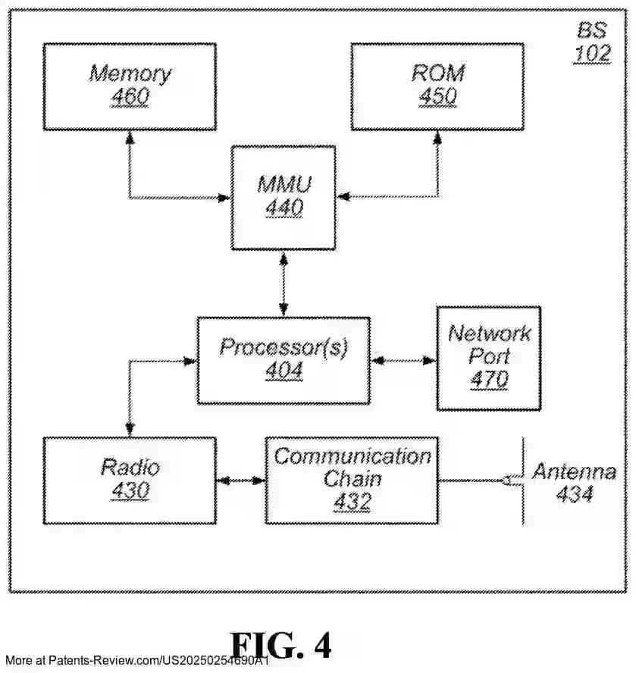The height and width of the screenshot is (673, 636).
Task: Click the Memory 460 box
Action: (x=129, y=86)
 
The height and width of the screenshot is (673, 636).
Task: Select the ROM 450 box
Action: (x=437, y=86)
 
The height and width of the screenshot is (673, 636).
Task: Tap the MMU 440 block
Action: (x=284, y=197)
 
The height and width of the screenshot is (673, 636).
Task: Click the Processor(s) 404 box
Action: (x=284, y=360)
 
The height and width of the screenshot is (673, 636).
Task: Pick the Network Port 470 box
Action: (x=488, y=358)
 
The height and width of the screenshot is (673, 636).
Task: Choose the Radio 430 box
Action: (x=129, y=480)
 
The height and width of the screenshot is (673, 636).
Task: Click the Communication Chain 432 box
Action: (x=352, y=480)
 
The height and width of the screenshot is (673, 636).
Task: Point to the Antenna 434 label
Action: (x=574, y=483)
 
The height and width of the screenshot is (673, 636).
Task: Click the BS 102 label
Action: (x=593, y=42)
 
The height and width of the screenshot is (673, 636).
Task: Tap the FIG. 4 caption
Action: (x=280, y=645)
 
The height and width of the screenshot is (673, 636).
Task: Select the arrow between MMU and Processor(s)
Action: (x=284, y=283)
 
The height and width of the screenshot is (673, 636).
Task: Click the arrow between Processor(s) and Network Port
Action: (x=403, y=361)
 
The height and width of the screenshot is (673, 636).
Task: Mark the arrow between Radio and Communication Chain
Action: (x=240, y=480)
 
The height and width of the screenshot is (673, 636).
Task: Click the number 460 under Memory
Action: (x=130, y=98)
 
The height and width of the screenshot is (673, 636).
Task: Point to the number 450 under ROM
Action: (x=437, y=98)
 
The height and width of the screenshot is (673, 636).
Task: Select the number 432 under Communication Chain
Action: (x=352, y=502)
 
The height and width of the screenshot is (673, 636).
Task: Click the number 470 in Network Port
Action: (x=489, y=379)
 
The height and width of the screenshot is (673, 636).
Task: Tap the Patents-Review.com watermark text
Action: (x=136, y=662)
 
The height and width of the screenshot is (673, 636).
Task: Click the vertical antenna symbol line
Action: (x=523, y=480)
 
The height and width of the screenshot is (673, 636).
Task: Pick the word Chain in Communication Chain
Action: (x=352, y=479)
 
